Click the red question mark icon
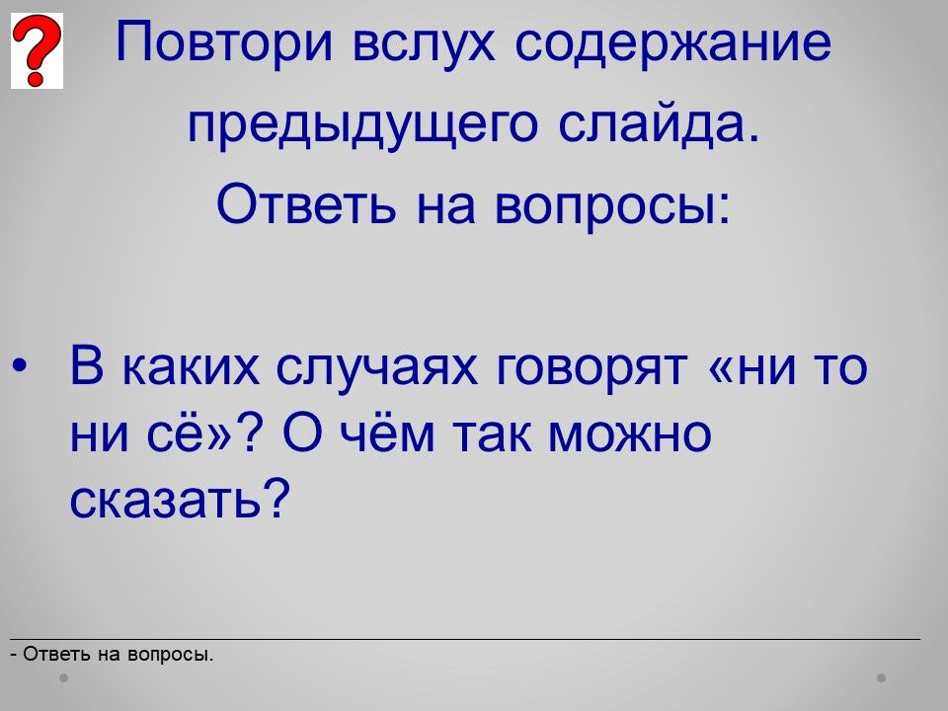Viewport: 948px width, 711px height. (x=37, y=50)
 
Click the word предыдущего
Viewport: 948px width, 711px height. (x=362, y=125)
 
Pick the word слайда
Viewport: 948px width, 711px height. (x=658, y=124)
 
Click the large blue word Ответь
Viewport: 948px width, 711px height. (x=306, y=202)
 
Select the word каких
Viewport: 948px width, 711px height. (x=191, y=367)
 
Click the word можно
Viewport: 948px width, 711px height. (x=629, y=434)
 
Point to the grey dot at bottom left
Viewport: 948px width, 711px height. (x=63, y=677)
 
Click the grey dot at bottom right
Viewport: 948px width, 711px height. (x=882, y=677)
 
